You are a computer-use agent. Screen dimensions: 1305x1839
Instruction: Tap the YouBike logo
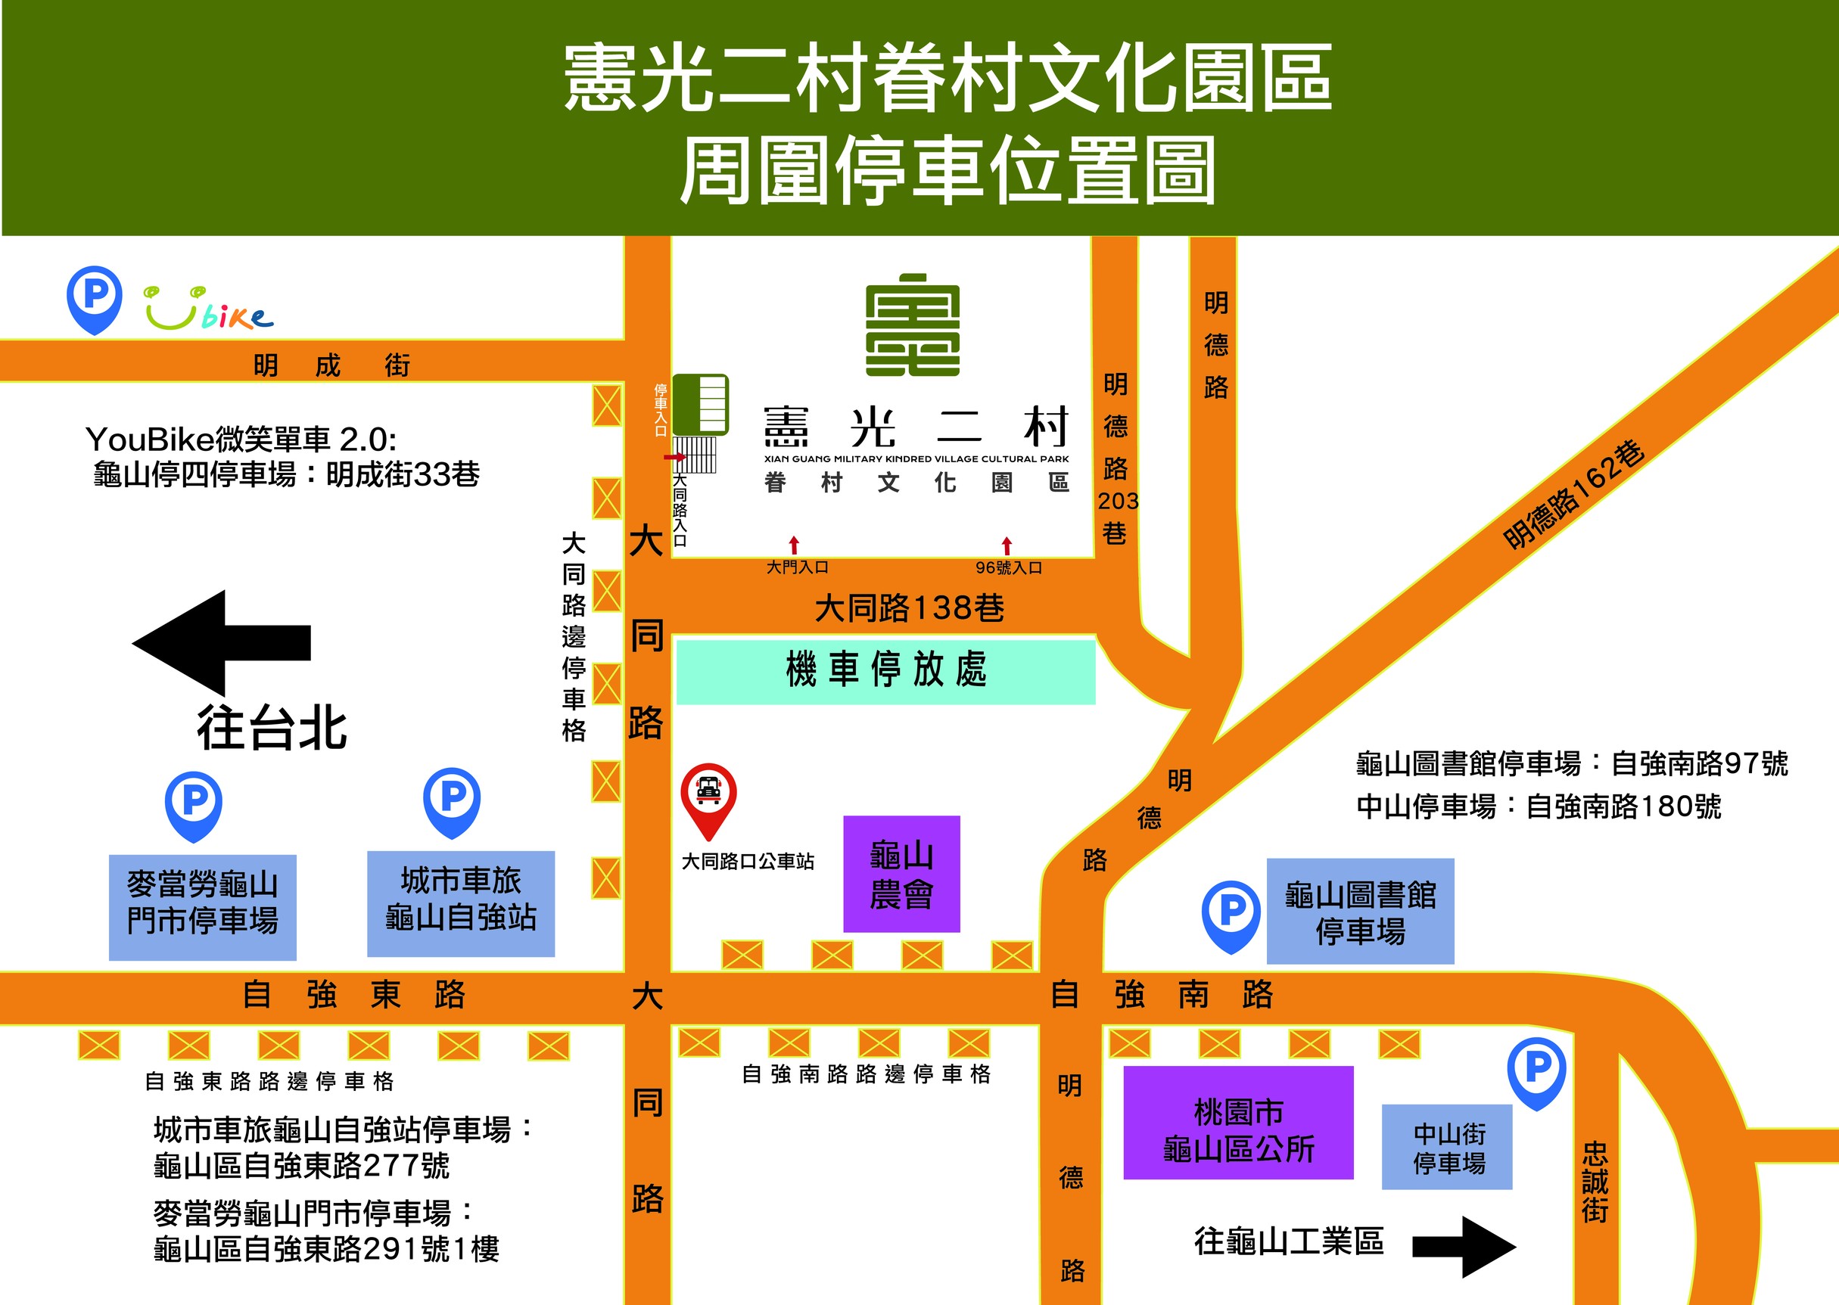tap(208, 309)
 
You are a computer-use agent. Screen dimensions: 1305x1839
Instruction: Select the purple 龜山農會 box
tap(901, 874)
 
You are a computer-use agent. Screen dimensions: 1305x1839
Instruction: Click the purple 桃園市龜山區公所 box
tap(1238, 1123)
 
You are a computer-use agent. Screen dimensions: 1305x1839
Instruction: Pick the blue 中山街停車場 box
tap(1447, 1147)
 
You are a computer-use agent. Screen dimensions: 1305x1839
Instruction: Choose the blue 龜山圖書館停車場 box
tap(1360, 912)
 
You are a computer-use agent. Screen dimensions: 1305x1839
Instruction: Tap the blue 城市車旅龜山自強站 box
tap(461, 903)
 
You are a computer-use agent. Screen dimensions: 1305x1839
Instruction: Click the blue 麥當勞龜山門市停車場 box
tap(203, 907)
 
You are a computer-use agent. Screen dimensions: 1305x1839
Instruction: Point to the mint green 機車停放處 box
tap(885, 670)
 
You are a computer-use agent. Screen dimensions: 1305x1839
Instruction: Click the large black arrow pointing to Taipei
tap(221, 642)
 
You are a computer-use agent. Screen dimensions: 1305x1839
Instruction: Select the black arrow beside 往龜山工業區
tap(1464, 1246)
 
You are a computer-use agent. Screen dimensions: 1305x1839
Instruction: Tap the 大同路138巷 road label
tap(909, 608)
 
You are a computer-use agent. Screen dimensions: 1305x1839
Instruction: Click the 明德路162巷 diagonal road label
tap(1573, 494)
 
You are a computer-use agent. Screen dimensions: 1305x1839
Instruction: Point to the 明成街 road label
tap(331, 365)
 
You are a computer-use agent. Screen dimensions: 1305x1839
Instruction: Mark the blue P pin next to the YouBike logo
tap(95, 298)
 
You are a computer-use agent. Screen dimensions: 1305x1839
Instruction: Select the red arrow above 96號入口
tap(1007, 545)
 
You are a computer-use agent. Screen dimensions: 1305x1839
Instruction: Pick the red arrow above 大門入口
tap(793, 545)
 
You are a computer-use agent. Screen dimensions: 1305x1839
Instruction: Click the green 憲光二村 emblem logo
tap(912, 325)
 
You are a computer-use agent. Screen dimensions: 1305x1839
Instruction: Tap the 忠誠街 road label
tap(1595, 1181)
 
